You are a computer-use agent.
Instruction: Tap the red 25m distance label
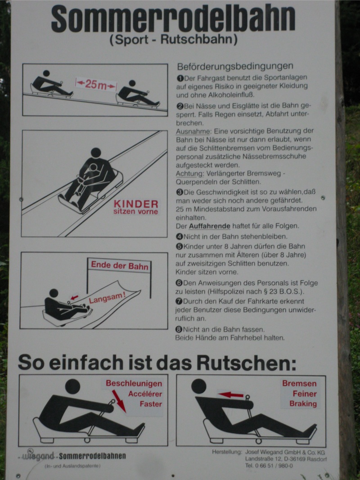96,84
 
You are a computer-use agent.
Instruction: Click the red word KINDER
136,204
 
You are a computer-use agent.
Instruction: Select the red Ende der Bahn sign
119,265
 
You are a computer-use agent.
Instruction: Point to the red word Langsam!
107,298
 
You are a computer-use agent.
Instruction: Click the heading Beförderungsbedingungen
235,66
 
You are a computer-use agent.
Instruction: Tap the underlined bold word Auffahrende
209,226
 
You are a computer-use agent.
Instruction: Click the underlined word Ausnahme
193,131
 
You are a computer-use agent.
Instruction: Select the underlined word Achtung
189,174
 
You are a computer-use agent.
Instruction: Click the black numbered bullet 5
179,246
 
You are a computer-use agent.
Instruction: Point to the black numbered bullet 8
179,329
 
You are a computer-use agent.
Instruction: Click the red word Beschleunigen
134,383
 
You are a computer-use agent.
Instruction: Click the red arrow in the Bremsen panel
231,395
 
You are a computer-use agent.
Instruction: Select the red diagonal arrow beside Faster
119,401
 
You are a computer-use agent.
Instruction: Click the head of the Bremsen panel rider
198,386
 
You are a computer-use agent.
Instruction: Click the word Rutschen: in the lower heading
246,363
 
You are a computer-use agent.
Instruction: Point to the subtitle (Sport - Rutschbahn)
174,40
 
